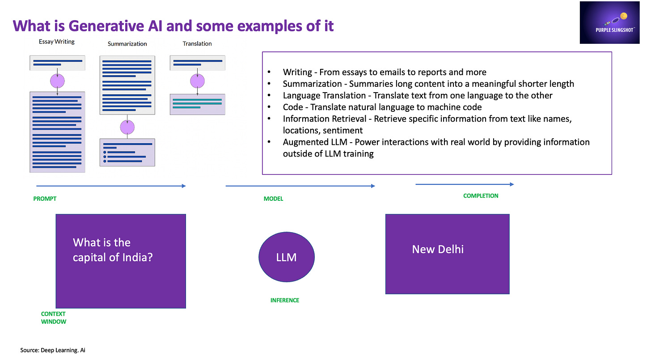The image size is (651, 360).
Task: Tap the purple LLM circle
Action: [286, 257]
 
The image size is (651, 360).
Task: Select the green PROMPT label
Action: [45, 199]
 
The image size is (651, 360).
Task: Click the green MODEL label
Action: [273, 199]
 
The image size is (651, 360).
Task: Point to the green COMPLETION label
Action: [481, 196]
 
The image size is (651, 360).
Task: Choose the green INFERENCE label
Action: [284, 301]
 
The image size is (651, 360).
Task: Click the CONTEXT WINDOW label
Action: [53, 318]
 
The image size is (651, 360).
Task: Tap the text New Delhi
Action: [437, 249]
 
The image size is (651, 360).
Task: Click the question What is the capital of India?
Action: [113, 250]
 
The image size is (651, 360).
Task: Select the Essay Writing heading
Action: [57, 42]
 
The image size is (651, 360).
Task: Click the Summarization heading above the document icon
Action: [127, 44]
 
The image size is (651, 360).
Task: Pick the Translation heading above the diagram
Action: [197, 43]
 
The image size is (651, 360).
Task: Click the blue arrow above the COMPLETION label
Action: [465, 184]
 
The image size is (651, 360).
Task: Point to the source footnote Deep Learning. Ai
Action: [53, 350]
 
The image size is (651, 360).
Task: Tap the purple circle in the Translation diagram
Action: [197, 81]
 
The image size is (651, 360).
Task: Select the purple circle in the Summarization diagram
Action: [127, 127]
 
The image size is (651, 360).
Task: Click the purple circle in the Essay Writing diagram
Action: [57, 81]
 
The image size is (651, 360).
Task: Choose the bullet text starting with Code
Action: [382, 107]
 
